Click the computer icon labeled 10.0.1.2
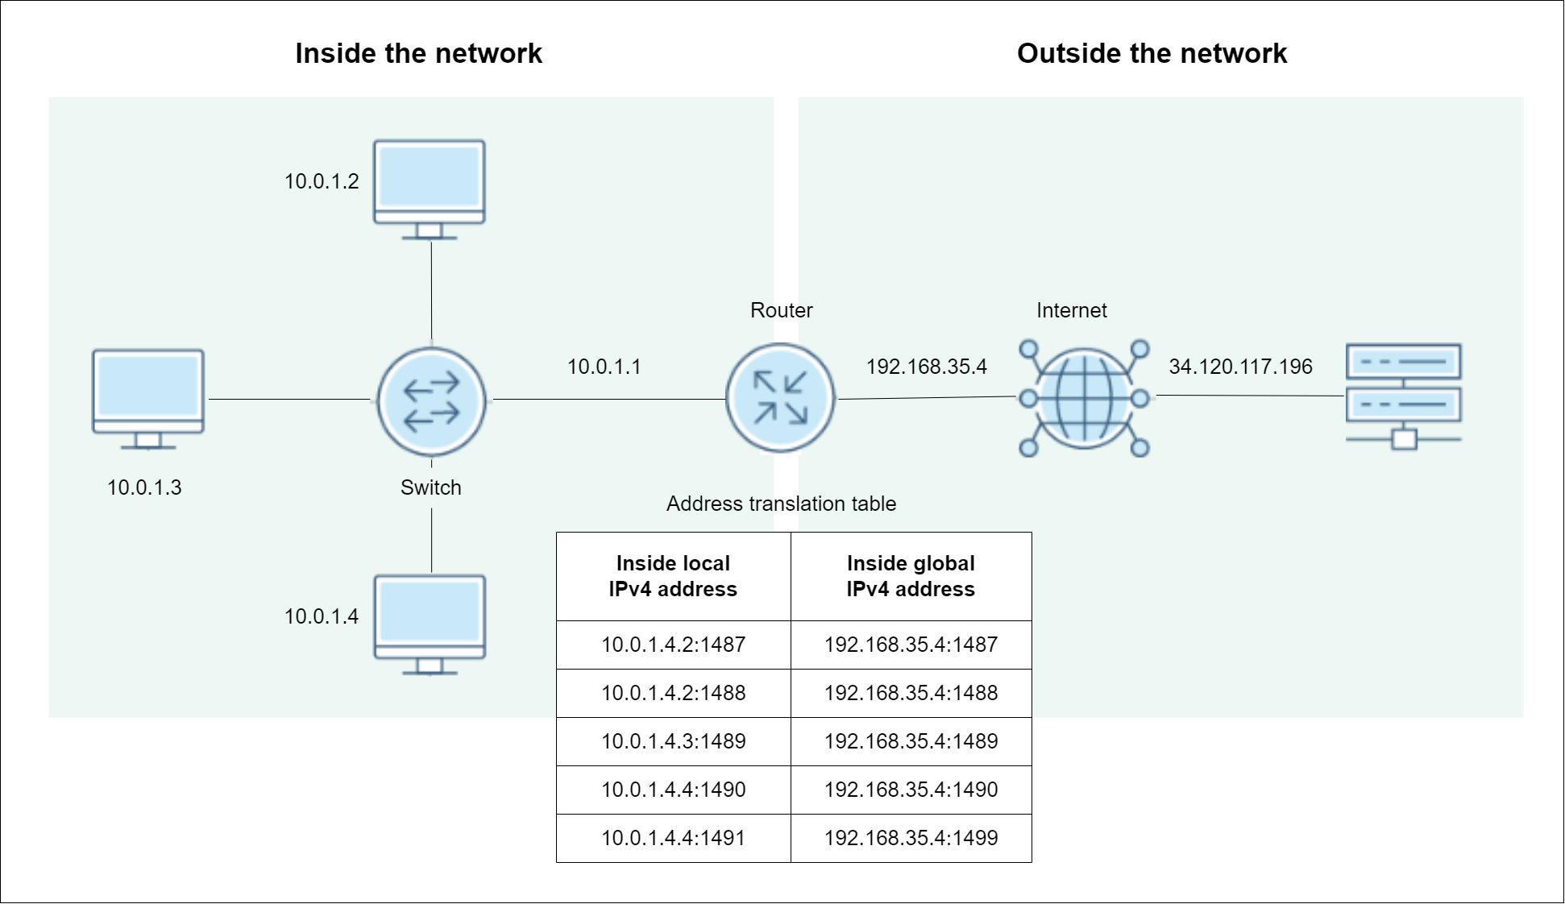pyautogui.click(x=430, y=189)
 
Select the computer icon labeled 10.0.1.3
pyautogui.click(x=148, y=399)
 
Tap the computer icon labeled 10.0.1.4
pyautogui.click(x=430, y=624)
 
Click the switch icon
pyautogui.click(x=432, y=401)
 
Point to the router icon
pyautogui.click(x=780, y=398)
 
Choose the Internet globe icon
pyautogui.click(x=1084, y=398)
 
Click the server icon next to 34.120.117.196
pyautogui.click(x=1404, y=396)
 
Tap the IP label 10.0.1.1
pyautogui.click(x=604, y=367)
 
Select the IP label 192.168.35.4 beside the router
pyautogui.click(x=927, y=367)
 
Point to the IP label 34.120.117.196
pyautogui.click(x=1241, y=367)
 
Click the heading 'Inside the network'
pyautogui.click(x=419, y=53)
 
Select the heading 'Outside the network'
pyautogui.click(x=1152, y=53)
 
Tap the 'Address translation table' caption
pyautogui.click(x=782, y=504)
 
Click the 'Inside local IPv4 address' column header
pyautogui.click(x=674, y=576)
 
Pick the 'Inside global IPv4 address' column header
pyautogui.click(x=911, y=576)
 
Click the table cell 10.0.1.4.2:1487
pyautogui.click(x=674, y=645)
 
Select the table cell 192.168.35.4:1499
pyautogui.click(x=911, y=838)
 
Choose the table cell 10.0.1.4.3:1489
pyautogui.click(x=674, y=741)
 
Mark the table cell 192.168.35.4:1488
pyautogui.click(x=911, y=693)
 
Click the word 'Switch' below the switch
pyautogui.click(x=431, y=487)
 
